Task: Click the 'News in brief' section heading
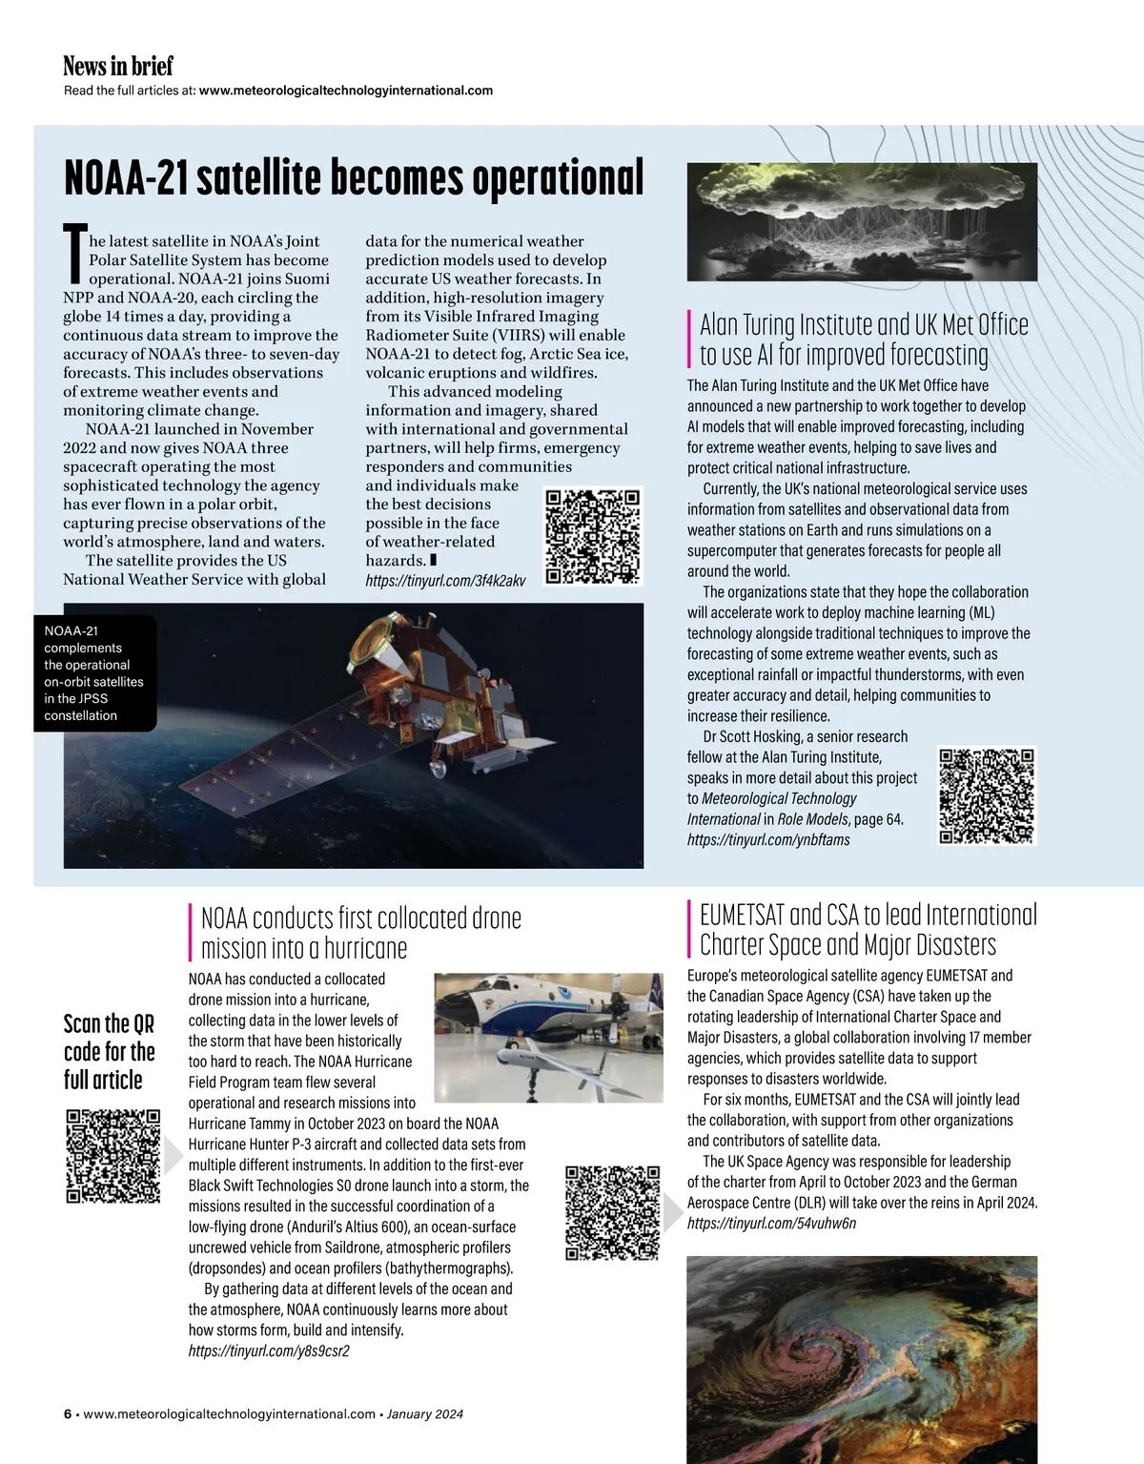coord(118,66)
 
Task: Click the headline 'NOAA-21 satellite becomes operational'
coord(353,177)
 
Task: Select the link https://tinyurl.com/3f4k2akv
coord(445,580)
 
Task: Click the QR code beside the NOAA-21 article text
coord(593,535)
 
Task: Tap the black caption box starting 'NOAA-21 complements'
coord(94,672)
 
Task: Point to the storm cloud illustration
coord(861,220)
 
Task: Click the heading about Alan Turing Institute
coord(864,340)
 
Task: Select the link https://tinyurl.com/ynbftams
coord(768,839)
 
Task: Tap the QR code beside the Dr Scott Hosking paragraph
coord(987,795)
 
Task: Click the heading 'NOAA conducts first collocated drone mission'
coord(360,933)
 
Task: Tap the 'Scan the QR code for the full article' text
coord(109,1051)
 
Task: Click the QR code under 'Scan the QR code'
coord(112,1155)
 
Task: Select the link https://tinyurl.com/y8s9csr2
coord(269,1351)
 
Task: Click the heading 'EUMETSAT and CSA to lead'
coord(868,929)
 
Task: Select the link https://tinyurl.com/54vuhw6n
coord(771,1224)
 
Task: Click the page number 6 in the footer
coord(67,1414)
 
